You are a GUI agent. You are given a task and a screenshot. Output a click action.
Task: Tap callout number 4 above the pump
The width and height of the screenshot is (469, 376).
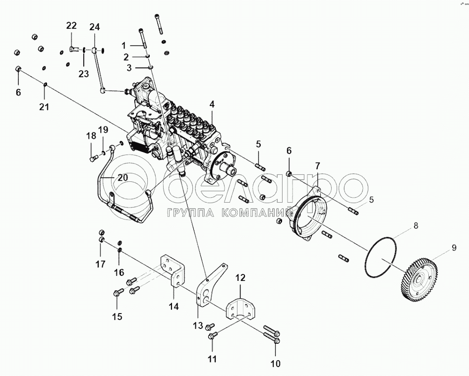click(x=212, y=105)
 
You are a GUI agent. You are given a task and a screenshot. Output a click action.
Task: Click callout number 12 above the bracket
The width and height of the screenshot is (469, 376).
click(x=240, y=278)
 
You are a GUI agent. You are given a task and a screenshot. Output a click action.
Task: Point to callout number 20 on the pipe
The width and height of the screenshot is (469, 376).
click(x=122, y=177)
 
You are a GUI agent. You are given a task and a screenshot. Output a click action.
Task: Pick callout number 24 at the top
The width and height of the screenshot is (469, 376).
click(x=95, y=27)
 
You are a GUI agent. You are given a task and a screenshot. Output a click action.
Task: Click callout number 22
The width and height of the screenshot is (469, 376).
click(x=71, y=26)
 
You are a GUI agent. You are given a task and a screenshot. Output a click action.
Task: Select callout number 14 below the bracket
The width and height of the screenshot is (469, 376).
click(x=173, y=307)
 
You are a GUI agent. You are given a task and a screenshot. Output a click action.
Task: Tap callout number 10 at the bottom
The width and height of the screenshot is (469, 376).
click(x=275, y=364)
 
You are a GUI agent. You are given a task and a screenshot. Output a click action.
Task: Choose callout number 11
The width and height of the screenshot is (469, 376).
click(x=212, y=359)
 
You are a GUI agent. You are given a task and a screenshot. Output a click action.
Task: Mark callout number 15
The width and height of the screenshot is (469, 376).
click(x=117, y=317)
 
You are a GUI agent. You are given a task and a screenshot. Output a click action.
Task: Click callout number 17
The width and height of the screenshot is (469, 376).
click(x=101, y=264)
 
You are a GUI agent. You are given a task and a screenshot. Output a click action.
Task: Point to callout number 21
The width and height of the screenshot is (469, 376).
click(x=45, y=107)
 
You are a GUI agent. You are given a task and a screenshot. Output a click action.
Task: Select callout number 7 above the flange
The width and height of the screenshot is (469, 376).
click(x=317, y=166)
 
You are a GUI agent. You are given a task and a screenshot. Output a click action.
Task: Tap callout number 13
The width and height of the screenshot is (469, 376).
click(x=198, y=325)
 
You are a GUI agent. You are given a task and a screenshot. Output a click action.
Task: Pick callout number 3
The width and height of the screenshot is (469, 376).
click(x=128, y=67)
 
